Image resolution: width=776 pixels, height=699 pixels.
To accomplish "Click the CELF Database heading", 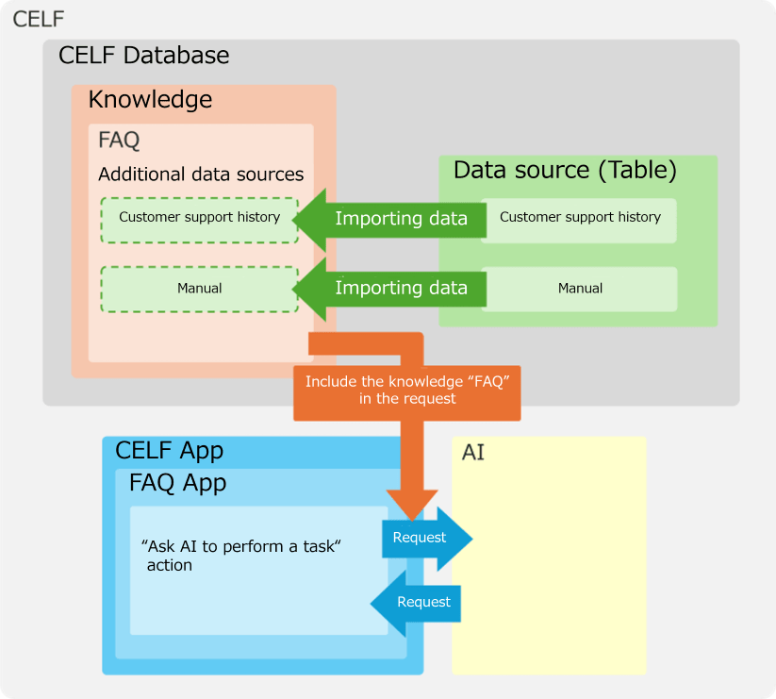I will pyautogui.click(x=143, y=55).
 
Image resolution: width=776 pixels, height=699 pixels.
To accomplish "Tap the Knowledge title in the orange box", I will pyautogui.click(x=150, y=100).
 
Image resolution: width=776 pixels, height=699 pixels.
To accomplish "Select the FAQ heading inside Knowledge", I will pyautogui.click(x=119, y=141).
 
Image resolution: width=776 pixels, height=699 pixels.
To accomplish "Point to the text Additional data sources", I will pyautogui.click(x=201, y=175).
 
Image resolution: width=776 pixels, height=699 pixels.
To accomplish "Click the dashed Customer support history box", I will pyautogui.click(x=199, y=218).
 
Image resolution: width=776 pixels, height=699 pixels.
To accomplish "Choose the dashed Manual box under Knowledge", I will pyautogui.click(x=199, y=288).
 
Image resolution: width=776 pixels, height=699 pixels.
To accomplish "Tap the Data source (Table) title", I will pyautogui.click(x=565, y=171).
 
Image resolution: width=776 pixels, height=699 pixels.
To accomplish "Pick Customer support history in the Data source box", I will pyautogui.click(x=580, y=218).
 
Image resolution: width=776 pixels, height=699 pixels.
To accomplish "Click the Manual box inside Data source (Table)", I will pyautogui.click(x=580, y=289).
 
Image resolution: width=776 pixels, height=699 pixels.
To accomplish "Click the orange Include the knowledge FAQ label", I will pyautogui.click(x=406, y=391).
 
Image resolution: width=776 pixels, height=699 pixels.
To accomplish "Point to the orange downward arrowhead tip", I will pyautogui.click(x=412, y=516).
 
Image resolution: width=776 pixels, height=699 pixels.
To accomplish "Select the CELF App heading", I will pyautogui.click(x=169, y=451).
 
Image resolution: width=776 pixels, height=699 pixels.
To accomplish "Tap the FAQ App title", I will pyautogui.click(x=177, y=484).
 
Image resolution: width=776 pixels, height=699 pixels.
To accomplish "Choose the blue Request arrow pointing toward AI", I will pyautogui.click(x=423, y=538).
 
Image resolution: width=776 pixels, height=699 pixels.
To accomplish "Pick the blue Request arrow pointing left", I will pyautogui.click(x=419, y=602).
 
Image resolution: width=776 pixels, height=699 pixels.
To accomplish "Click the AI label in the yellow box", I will pyautogui.click(x=473, y=453).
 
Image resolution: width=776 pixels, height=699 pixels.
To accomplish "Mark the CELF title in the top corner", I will pyautogui.click(x=39, y=19).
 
